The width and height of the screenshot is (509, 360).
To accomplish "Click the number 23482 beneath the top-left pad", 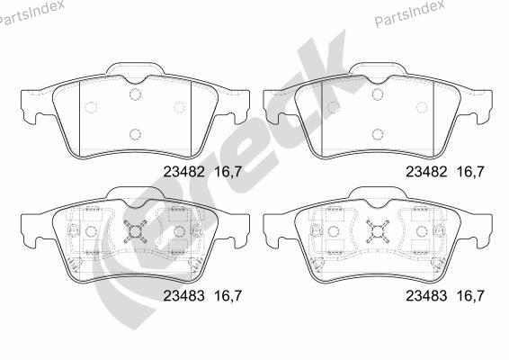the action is [x=183, y=172].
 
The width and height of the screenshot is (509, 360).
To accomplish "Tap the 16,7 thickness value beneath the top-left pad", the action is [x=228, y=172].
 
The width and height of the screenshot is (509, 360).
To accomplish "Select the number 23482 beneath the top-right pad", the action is [x=426, y=172].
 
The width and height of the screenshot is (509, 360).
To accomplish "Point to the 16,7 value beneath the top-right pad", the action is [x=470, y=172].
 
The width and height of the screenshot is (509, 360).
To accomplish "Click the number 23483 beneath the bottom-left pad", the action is [x=183, y=296].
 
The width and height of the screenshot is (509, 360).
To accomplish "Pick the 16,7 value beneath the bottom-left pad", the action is [x=228, y=296].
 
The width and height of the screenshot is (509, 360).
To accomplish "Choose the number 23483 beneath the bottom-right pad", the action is [x=426, y=296].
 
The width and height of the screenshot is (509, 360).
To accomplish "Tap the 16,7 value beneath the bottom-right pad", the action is [x=470, y=296].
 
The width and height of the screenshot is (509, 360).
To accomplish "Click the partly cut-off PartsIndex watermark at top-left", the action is [x=31, y=13].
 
